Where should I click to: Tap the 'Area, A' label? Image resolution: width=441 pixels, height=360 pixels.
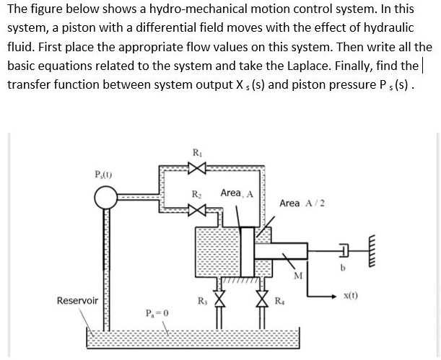pos(236,193)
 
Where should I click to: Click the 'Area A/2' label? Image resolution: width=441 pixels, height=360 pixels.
pos(301,203)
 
